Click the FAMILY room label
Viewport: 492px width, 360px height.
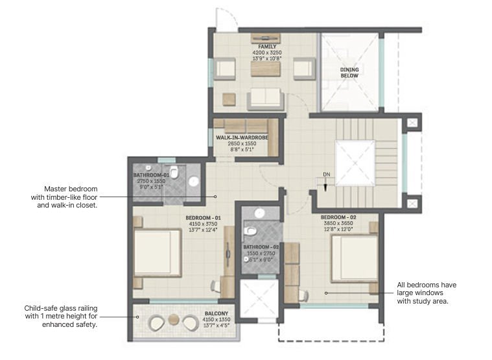click(x=266, y=47)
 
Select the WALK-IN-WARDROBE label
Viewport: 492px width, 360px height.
click(x=242, y=138)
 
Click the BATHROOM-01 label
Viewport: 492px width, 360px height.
click(x=151, y=175)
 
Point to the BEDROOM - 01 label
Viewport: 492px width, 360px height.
click(x=203, y=217)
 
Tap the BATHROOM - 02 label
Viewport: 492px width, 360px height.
click(x=261, y=247)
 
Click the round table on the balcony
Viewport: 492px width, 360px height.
click(x=173, y=320)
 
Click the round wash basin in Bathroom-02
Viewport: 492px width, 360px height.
click(x=259, y=212)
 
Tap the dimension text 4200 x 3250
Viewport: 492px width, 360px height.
click(x=266, y=53)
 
